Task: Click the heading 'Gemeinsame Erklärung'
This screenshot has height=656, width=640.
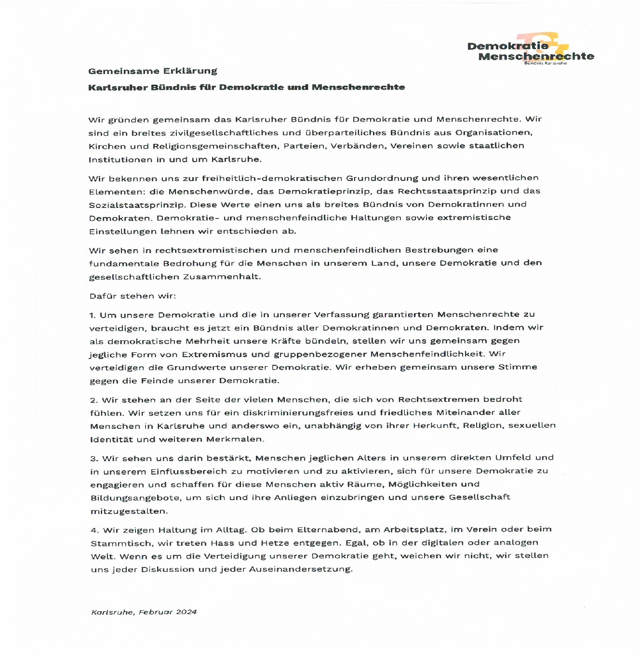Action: pyautogui.click(x=152, y=71)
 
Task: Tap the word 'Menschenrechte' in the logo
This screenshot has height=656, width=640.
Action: pyautogui.click(x=536, y=56)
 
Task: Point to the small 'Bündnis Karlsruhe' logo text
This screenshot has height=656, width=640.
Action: pyautogui.click(x=545, y=63)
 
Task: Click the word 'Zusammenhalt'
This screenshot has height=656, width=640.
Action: pyautogui.click(x=221, y=277)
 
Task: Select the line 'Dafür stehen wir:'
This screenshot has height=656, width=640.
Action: pyautogui.click(x=133, y=296)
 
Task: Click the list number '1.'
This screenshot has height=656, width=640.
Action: pyautogui.click(x=93, y=315)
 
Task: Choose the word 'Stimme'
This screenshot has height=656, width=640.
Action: pyautogui.click(x=517, y=367)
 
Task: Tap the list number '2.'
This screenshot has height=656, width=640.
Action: pyautogui.click(x=94, y=400)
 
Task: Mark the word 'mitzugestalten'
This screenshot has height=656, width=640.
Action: pyautogui.click(x=129, y=511)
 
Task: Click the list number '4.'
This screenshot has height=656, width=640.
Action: pyautogui.click(x=94, y=530)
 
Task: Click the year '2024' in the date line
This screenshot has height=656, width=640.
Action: pyautogui.click(x=186, y=612)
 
